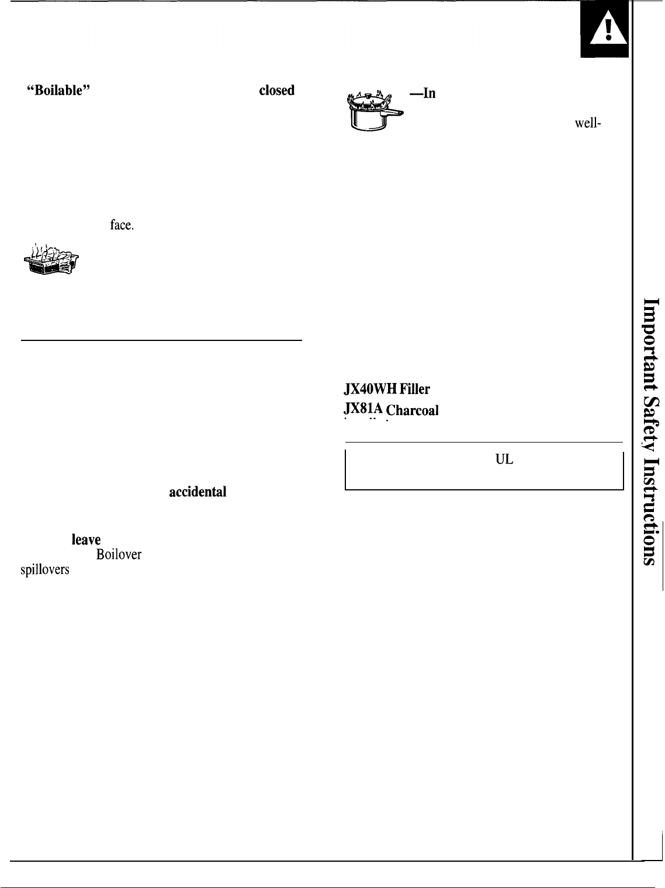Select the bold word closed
(x=277, y=90)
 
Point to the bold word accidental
(x=198, y=492)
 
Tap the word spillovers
(x=45, y=570)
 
